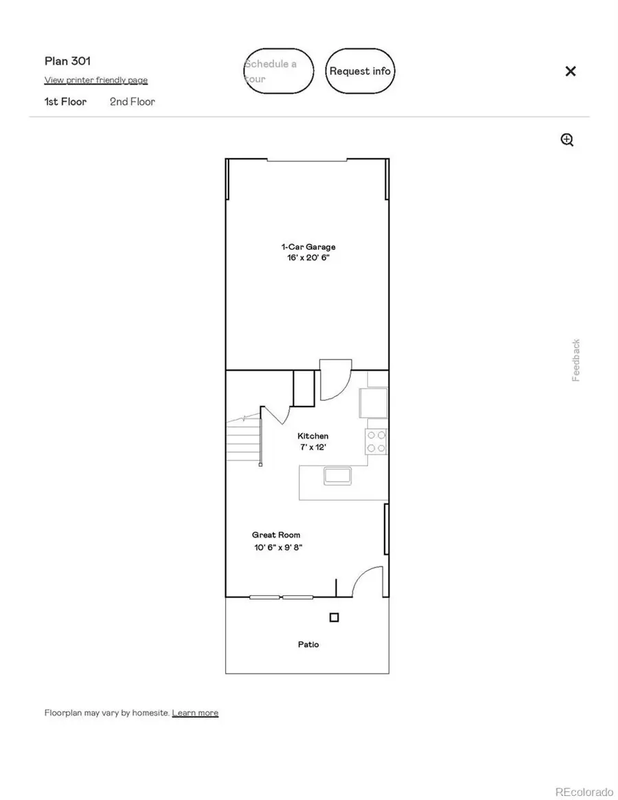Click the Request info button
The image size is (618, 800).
360,71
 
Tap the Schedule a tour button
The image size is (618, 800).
279,71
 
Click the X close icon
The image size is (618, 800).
570,71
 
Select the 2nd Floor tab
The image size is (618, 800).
133,102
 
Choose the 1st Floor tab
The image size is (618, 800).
65,102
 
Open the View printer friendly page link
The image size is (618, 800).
96,80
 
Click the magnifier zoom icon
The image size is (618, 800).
567,140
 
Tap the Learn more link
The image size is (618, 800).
195,713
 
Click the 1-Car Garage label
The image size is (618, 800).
308,247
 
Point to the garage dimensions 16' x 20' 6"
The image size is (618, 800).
308,258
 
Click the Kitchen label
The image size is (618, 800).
312,436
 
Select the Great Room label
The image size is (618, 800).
276,535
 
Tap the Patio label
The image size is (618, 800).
308,644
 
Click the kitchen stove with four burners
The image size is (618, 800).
376,442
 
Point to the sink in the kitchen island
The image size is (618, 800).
338,475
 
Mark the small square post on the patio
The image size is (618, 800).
334,617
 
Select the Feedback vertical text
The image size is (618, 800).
576,360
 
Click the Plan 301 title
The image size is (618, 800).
67,61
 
